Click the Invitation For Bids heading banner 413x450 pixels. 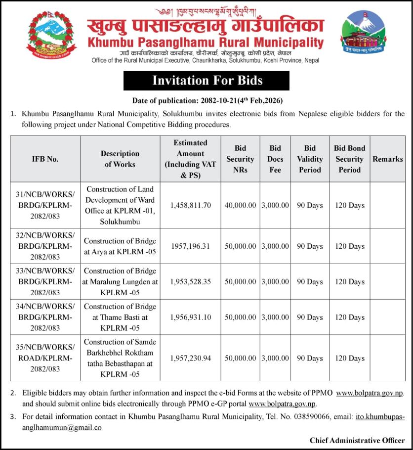point(206,81)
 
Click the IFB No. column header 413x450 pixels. point(45,159)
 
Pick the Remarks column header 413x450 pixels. point(387,159)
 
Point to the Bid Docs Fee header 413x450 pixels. point(275,159)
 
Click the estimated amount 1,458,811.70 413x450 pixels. point(190,205)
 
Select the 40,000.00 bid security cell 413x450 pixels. point(240,205)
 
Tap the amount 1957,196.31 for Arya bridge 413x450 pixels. point(190,246)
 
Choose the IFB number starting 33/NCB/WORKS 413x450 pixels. point(45,282)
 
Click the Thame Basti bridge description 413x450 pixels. point(120,317)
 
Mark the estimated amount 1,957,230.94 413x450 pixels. point(190,358)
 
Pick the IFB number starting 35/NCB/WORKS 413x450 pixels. point(45,358)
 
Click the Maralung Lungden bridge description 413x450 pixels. point(120,282)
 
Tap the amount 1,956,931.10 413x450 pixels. point(190,317)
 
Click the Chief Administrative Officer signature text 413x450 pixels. point(357,440)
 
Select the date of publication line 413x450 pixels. point(207,100)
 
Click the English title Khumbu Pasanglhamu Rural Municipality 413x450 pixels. point(206,43)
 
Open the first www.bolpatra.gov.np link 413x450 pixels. point(370,393)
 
